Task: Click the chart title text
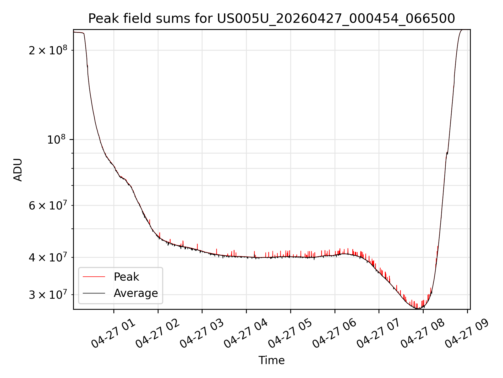point(271,19)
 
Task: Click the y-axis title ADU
point(18,170)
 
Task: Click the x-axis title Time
point(271,360)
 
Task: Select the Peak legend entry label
point(126,277)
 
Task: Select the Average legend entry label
point(136,293)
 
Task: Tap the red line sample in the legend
point(94,277)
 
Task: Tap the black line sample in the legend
point(94,293)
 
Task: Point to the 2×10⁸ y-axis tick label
point(48,50)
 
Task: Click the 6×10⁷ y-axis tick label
point(48,205)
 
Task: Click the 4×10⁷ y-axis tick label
point(48,257)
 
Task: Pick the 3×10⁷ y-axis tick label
point(48,295)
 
